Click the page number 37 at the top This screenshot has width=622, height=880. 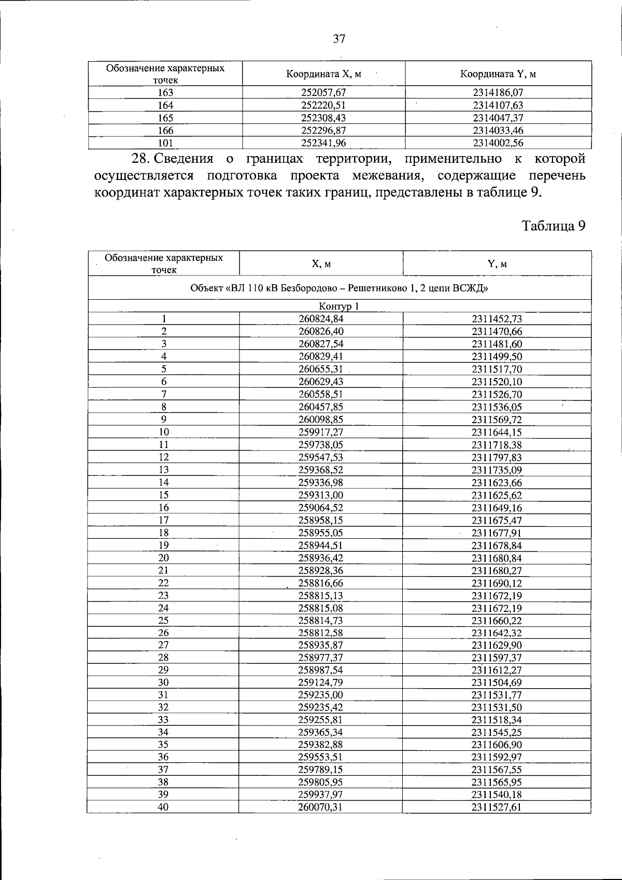click(x=338, y=39)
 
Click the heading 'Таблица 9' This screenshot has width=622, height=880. click(x=553, y=226)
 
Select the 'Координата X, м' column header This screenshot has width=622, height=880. click(x=323, y=74)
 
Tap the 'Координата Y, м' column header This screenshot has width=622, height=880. click(x=498, y=74)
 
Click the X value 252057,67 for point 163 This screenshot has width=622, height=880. click(x=323, y=92)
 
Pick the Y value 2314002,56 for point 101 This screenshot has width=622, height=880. click(x=498, y=143)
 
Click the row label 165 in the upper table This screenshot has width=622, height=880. click(x=165, y=118)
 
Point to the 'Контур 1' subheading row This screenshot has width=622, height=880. click(x=339, y=306)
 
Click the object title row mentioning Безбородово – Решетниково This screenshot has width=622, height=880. click(x=339, y=288)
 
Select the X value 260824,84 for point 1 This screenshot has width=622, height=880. click(x=321, y=319)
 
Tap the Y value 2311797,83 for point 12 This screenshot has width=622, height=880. click(x=497, y=457)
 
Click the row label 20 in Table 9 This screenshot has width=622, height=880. click(x=164, y=558)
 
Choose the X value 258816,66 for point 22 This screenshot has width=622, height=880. click(x=321, y=583)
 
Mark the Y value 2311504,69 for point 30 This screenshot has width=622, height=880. click(x=497, y=682)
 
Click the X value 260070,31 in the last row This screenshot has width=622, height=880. click(x=321, y=807)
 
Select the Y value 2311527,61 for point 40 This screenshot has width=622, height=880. click(x=497, y=807)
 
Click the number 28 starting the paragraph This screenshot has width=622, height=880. click(x=142, y=158)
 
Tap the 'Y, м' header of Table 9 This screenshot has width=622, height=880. click(x=497, y=263)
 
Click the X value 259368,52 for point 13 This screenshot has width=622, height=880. click(x=321, y=470)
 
